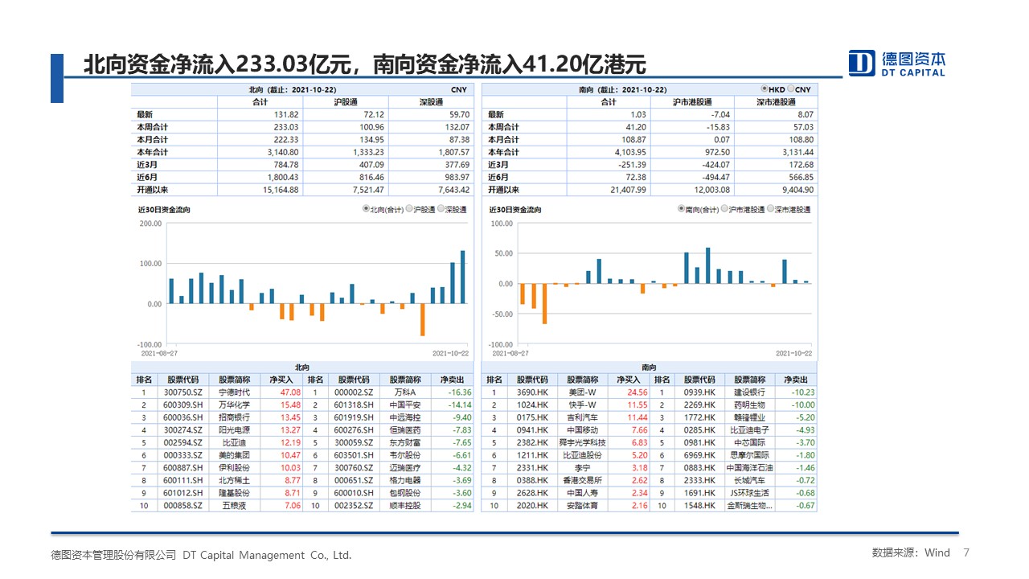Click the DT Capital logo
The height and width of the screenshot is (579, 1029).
[897, 64]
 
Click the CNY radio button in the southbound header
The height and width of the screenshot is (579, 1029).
[791, 89]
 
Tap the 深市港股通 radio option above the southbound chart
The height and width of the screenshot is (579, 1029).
[770, 209]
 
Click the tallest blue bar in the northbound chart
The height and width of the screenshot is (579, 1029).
[462, 277]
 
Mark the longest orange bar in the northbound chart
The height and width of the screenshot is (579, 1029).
[422, 319]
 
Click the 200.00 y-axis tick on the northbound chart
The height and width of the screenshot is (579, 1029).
[151, 224]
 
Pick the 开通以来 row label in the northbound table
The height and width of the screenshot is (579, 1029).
[153, 190]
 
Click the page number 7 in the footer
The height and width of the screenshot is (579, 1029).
[966, 552]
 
